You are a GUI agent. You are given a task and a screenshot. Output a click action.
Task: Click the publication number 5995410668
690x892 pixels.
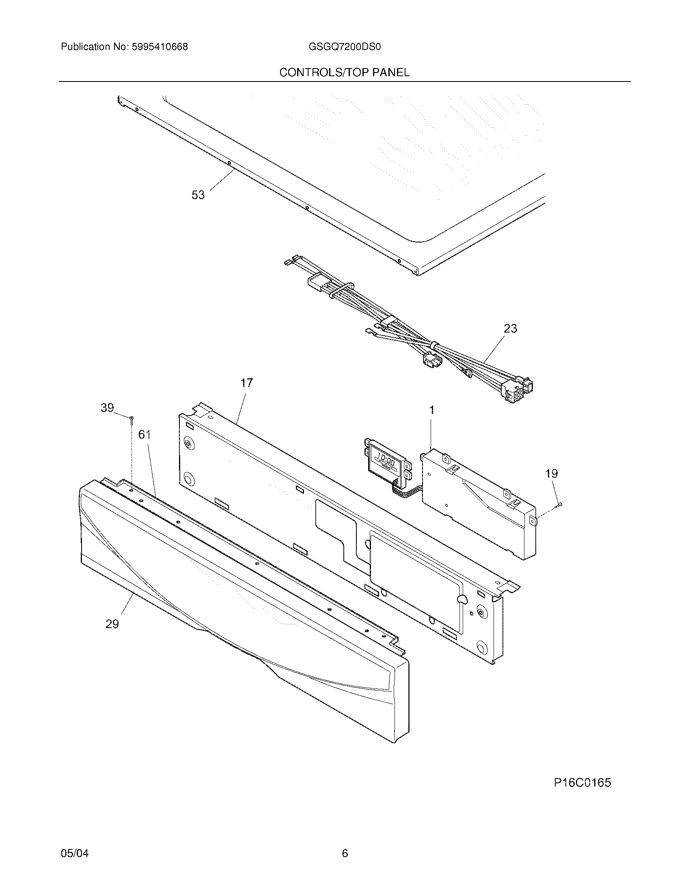tap(160, 47)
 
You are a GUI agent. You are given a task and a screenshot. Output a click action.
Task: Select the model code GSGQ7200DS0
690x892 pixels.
tap(345, 47)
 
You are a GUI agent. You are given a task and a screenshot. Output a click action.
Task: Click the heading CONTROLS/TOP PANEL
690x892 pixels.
tap(344, 73)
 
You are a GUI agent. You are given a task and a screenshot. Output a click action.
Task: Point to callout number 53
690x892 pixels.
tap(198, 195)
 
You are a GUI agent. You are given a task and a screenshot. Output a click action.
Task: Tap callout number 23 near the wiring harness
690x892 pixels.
tap(510, 328)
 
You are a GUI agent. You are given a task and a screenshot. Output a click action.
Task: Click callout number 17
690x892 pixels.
tap(246, 383)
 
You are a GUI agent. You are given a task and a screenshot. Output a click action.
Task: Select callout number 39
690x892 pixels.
tap(107, 407)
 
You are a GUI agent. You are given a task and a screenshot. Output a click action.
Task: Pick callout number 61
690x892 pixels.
tap(144, 435)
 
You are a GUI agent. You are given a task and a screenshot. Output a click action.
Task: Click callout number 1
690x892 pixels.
tap(432, 410)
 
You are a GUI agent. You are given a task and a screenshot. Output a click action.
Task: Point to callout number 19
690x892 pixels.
tap(552, 473)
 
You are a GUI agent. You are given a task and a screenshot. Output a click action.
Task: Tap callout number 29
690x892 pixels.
tap(112, 624)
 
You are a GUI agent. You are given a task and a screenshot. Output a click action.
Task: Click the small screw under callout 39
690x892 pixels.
tap(132, 420)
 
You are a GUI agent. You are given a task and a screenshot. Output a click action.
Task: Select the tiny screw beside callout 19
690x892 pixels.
tap(559, 506)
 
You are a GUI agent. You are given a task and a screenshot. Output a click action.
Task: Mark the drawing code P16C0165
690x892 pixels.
tap(582, 783)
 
